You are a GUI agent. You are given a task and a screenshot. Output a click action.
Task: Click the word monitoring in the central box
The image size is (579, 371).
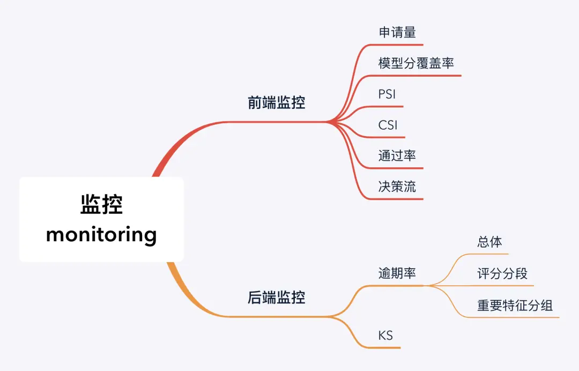(101, 235)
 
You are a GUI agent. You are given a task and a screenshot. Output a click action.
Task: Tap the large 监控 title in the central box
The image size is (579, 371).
(101, 205)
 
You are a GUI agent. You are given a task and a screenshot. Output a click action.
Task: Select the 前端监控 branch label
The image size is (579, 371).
(276, 103)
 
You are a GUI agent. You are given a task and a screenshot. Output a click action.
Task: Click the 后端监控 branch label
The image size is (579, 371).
(276, 298)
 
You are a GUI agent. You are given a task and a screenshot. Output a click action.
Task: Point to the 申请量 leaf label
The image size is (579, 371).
(397, 32)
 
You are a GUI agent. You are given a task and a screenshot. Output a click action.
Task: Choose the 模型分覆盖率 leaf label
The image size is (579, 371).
(416, 63)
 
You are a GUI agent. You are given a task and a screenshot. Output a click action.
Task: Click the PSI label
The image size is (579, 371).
(387, 94)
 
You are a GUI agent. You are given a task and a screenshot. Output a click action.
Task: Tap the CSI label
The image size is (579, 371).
(388, 125)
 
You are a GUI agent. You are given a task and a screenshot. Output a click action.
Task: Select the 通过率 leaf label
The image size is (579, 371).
(397, 156)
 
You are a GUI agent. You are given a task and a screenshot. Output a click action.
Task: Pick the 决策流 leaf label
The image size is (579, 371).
(397, 187)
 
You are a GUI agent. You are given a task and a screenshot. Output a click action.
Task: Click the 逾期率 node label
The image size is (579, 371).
(397, 273)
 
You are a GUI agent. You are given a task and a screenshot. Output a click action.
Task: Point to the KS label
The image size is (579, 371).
(385, 336)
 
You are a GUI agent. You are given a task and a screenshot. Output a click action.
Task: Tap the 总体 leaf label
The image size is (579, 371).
(489, 242)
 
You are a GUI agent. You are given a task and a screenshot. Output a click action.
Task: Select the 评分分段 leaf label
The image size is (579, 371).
(502, 274)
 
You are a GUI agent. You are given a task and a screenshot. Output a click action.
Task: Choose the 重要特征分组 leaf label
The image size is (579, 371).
(515, 306)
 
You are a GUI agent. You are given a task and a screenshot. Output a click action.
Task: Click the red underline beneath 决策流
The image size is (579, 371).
(399, 199)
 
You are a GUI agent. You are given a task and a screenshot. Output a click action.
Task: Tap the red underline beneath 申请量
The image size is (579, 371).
(399, 44)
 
